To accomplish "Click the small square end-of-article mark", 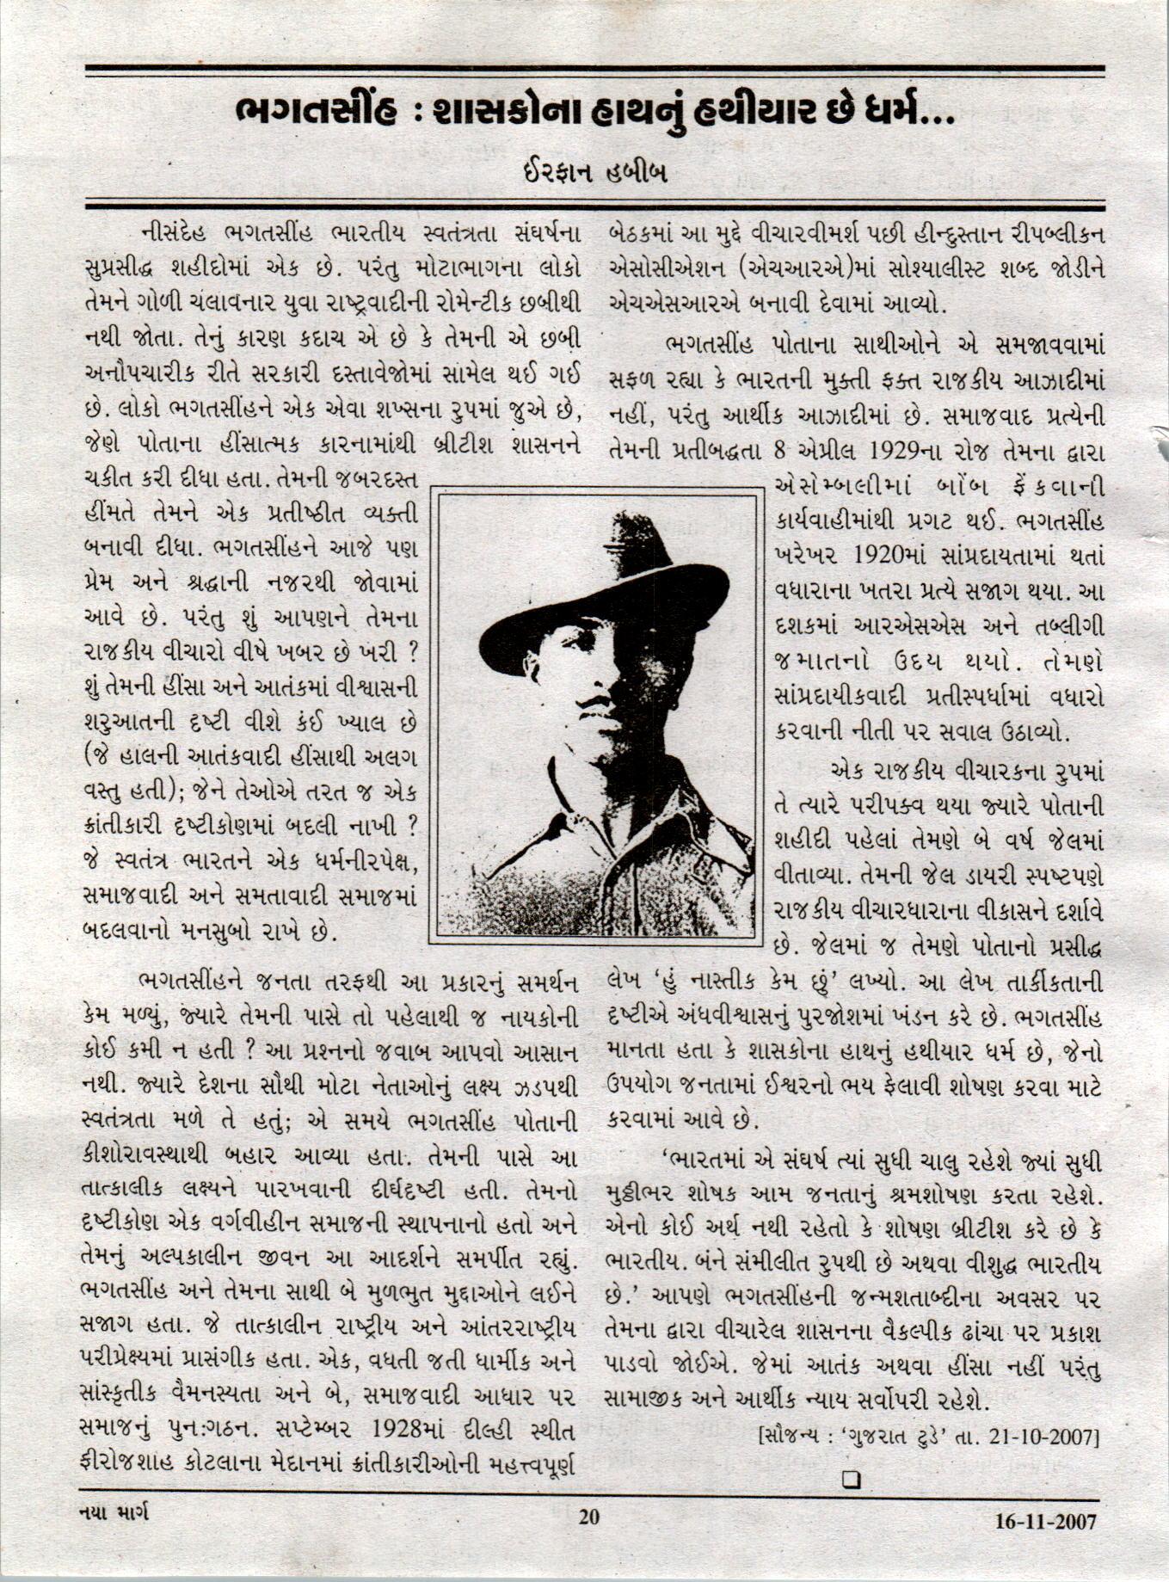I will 852,1479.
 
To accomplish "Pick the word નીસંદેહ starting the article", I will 177,233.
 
